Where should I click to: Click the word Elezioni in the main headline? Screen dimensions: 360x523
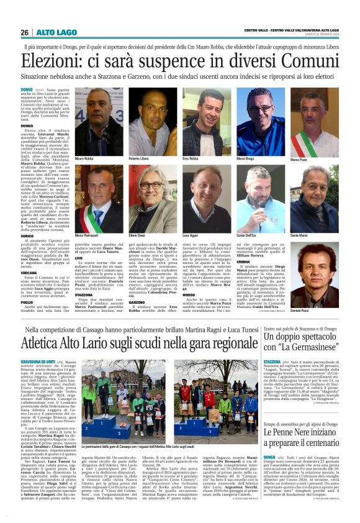tap(54, 61)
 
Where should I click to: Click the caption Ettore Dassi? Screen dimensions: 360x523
tap(138, 237)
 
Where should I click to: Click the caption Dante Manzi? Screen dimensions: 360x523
tap(300, 237)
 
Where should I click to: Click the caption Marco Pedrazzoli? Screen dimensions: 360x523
tap(88, 237)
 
